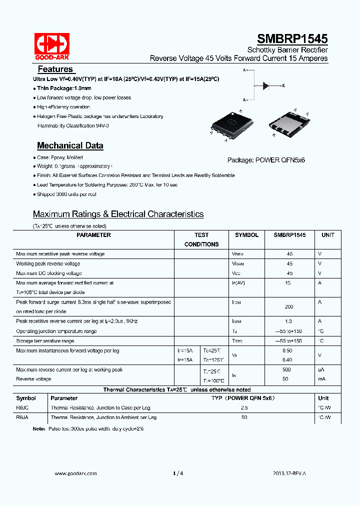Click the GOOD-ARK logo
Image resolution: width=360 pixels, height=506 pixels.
pos(52,46)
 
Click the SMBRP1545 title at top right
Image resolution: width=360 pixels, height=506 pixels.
pos(292,39)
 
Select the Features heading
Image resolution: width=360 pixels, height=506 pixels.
pos(55,69)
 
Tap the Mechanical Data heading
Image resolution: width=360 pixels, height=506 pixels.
pos(70,146)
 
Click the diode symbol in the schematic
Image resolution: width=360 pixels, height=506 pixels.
pos(266,85)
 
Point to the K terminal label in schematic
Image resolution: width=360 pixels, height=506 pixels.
pos(283,86)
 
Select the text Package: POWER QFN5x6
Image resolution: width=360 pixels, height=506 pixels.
pos(266,160)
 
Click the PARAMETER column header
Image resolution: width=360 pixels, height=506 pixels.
pos(94,235)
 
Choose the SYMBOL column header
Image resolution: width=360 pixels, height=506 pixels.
pos(246,235)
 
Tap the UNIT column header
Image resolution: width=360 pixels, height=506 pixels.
pos(328,235)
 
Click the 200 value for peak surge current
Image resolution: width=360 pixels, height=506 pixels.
pos(289,306)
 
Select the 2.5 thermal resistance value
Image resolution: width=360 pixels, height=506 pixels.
pos(244,408)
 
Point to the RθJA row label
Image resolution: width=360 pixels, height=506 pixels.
pos(22,417)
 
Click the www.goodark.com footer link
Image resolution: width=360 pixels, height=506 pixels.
pos(75,473)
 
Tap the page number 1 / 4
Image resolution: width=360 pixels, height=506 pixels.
pos(178,473)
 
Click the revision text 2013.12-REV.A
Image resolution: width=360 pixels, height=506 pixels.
pos(289,473)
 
